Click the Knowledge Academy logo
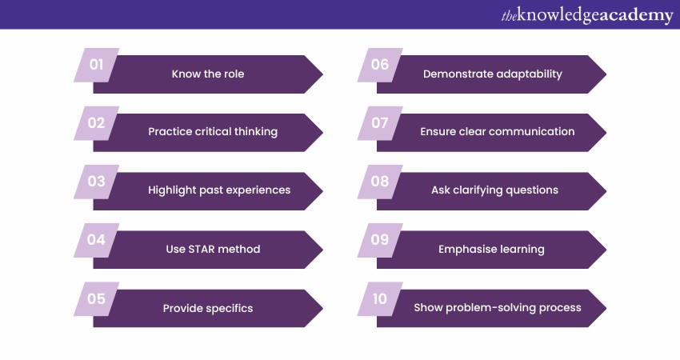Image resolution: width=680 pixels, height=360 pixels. coord(587,16)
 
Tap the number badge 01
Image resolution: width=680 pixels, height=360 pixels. coord(96,65)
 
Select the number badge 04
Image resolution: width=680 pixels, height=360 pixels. coord(96,240)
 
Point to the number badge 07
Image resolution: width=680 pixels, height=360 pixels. coord(380,123)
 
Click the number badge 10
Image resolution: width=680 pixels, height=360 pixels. coord(380,299)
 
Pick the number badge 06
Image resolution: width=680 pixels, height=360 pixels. coord(380,65)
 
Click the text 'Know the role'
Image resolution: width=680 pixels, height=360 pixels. coord(208,74)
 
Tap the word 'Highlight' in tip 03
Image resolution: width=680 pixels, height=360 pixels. coord(172,190)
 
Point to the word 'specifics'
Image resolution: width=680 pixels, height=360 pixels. coord(230,308)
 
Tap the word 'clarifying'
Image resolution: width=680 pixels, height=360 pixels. coord(478,190)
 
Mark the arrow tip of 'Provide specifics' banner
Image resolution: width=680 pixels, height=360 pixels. coord(322,308)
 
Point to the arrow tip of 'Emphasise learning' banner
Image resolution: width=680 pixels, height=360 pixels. coord(606,250)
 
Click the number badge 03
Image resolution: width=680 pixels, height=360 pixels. coord(96,182)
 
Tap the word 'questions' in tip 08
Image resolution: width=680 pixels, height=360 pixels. coord(532,190)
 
